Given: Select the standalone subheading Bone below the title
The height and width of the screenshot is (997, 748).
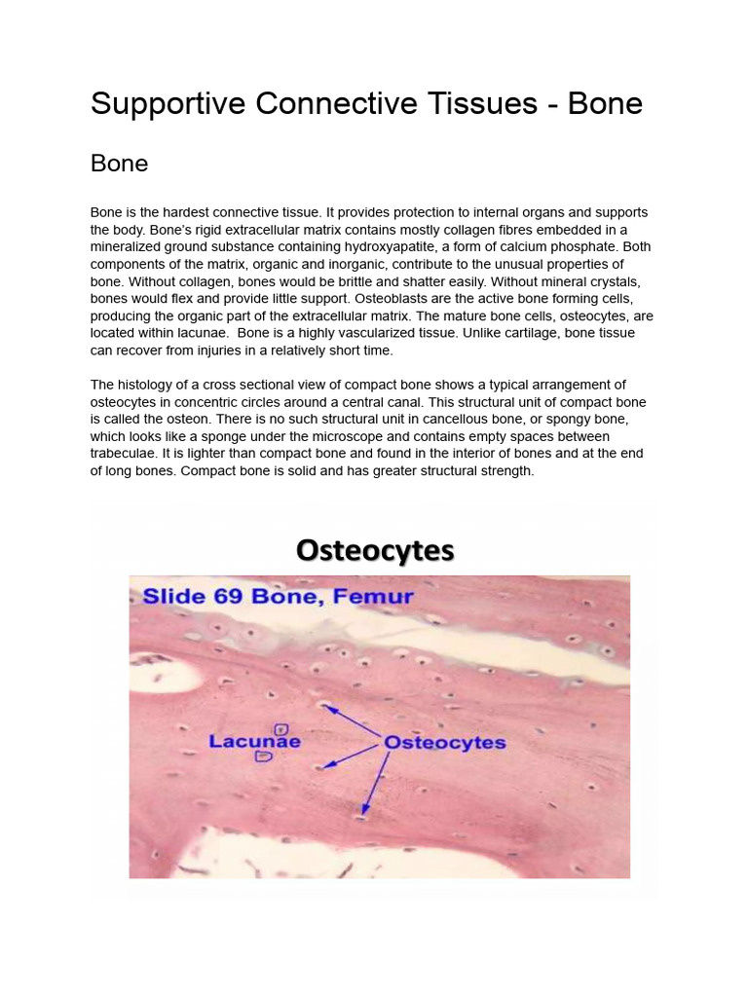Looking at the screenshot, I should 120,164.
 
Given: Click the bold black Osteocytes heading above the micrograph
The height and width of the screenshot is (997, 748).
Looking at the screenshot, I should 375,551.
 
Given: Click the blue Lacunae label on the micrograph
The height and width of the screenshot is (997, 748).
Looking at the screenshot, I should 254,741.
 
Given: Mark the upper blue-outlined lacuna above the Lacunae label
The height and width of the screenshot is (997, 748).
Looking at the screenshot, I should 281,728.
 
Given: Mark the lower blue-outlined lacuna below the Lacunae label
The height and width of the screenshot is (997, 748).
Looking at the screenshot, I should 263,757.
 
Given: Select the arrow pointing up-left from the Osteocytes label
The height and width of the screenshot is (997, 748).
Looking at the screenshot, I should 352,721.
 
